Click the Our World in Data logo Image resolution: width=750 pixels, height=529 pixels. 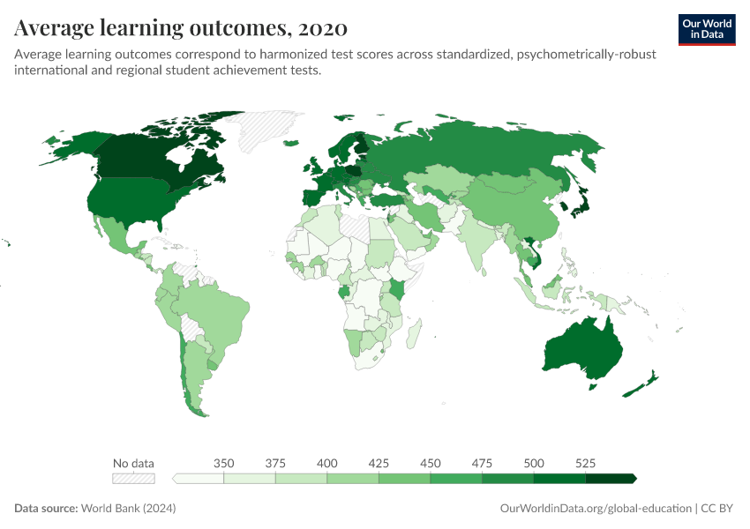coord(706,28)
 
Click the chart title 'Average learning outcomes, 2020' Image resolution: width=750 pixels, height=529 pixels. coord(180,28)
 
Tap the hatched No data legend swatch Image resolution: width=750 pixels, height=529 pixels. coord(132,478)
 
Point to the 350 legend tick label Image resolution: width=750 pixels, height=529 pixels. coord(223,463)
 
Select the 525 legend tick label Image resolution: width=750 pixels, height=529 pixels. coord(585,463)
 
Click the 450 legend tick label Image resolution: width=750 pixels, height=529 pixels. coord(431,463)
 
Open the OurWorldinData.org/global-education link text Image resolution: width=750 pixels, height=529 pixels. coord(595,509)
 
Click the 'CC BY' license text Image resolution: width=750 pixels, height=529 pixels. coord(719,509)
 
